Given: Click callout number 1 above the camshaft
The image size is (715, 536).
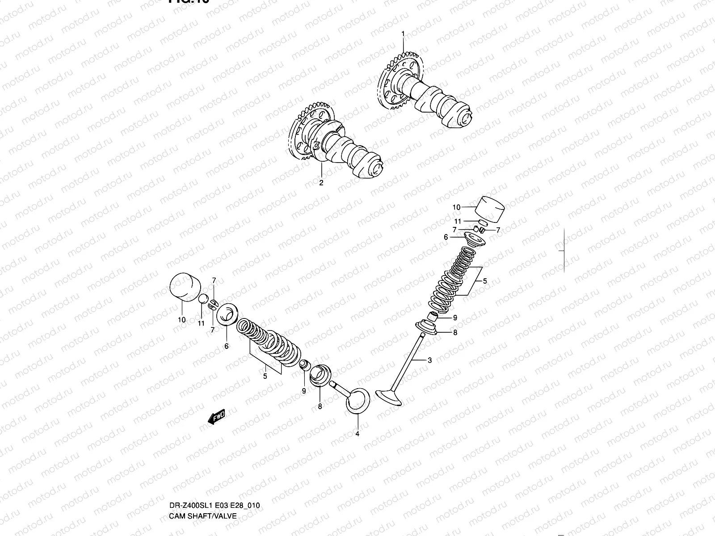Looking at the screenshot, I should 403,34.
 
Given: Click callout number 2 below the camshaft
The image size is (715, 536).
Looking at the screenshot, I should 321,183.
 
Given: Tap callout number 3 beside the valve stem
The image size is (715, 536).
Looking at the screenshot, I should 429,360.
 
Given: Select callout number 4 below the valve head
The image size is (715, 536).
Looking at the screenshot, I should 357,433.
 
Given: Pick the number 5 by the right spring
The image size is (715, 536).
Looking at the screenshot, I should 484,281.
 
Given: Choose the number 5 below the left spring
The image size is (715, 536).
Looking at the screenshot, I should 265,377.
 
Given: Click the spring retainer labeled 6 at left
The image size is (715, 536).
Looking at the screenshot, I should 229,314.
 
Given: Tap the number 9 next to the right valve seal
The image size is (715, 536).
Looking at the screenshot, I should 455,318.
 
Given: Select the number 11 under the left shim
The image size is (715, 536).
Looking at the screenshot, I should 201,323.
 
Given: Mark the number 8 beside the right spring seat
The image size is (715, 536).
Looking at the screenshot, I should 455,333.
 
